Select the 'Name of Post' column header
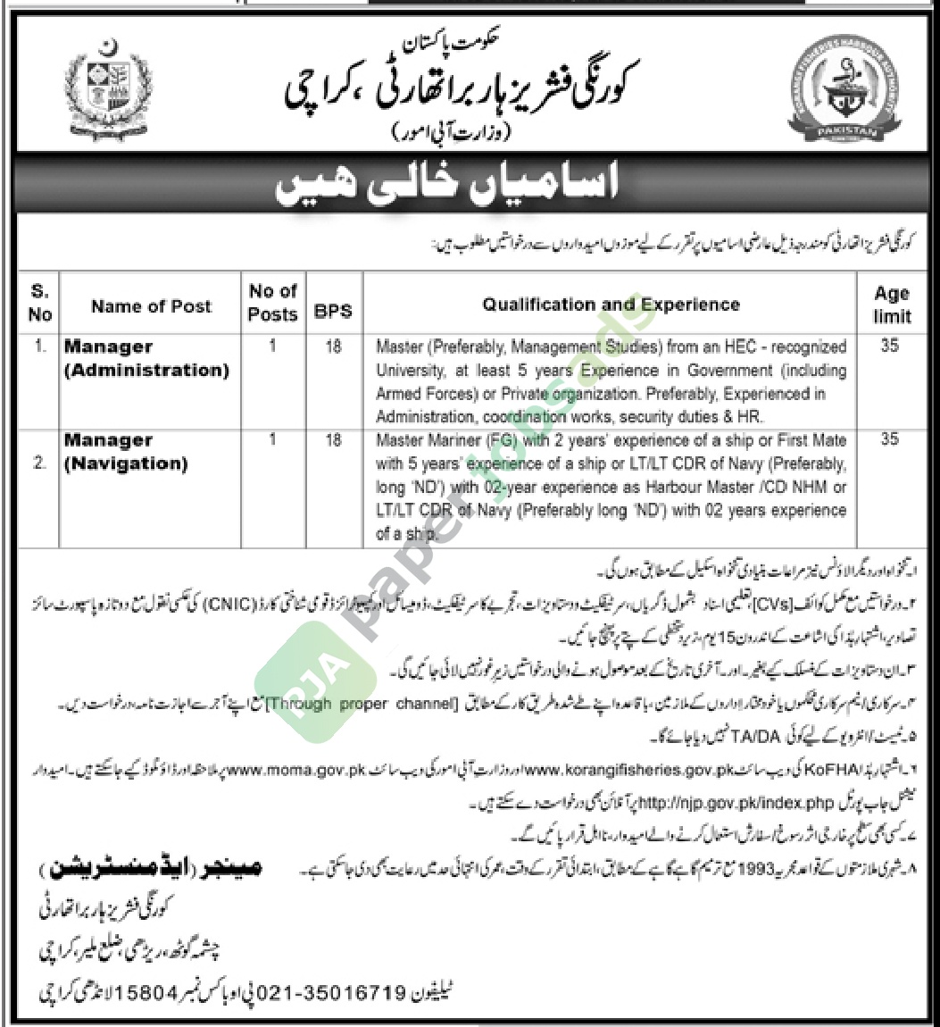click(x=151, y=306)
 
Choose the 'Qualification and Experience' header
click(x=611, y=305)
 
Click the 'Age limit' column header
click(x=891, y=304)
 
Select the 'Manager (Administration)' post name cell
click(x=146, y=358)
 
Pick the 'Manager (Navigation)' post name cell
click(x=125, y=452)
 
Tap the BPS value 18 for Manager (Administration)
click(x=334, y=347)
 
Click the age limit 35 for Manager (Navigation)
click(x=889, y=440)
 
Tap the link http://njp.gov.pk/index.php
click(x=532, y=803)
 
